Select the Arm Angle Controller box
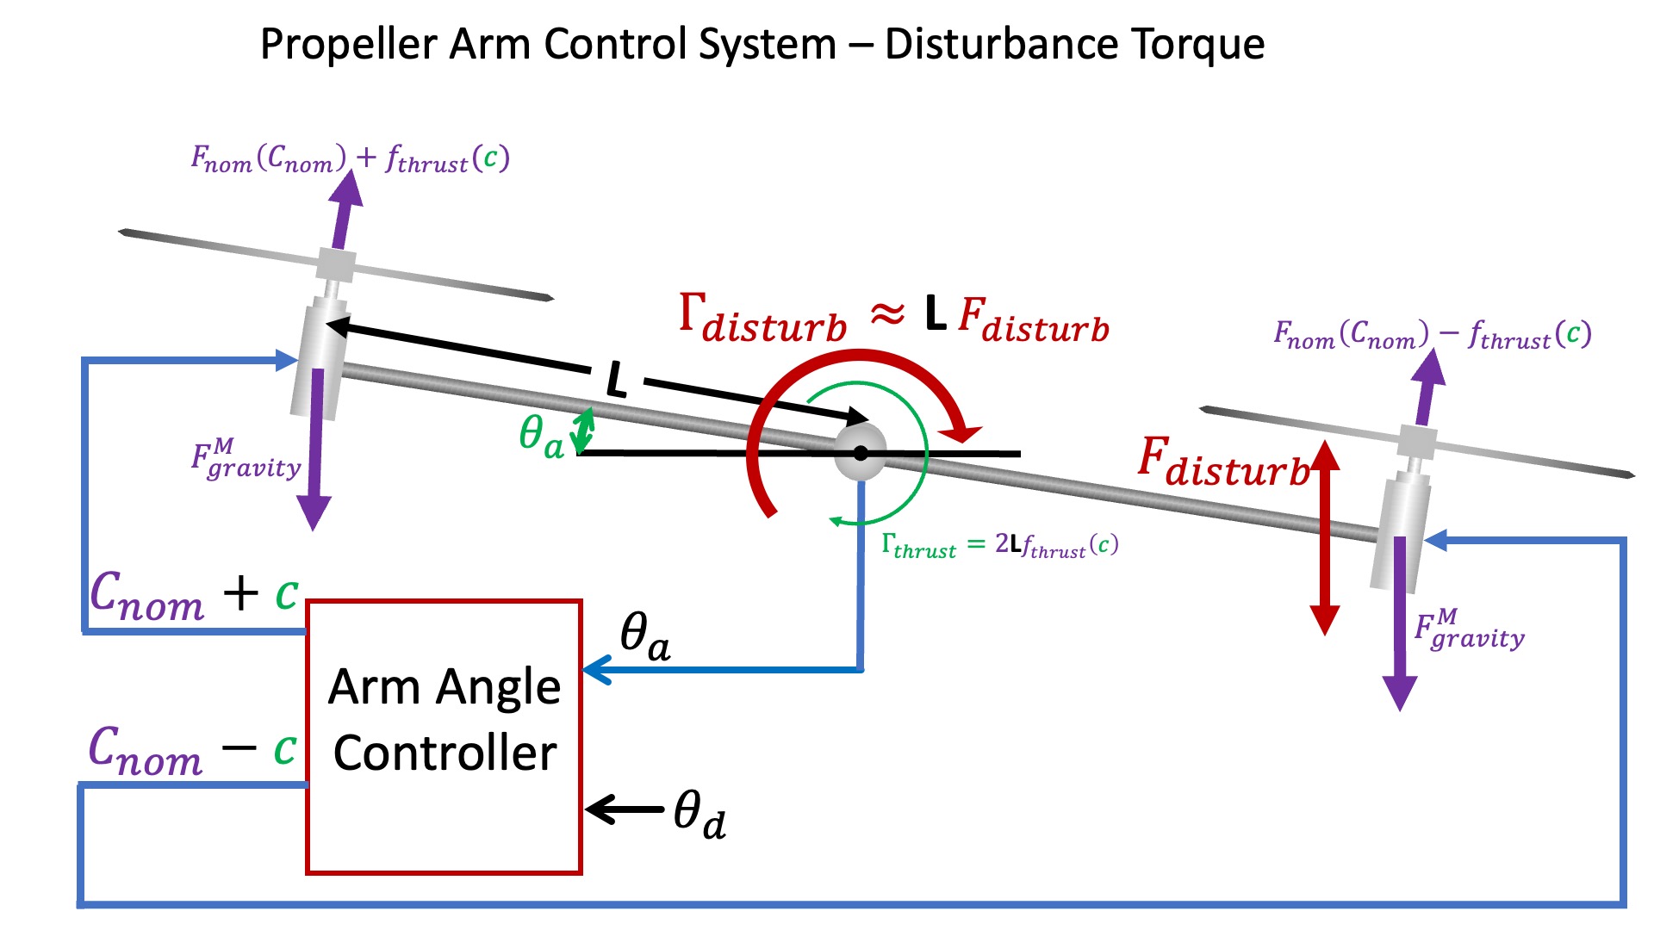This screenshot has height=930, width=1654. tap(444, 736)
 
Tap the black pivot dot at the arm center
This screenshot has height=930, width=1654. tap(860, 453)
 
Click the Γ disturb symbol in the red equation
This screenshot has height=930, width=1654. tap(762, 319)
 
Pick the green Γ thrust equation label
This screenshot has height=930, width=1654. tap(999, 545)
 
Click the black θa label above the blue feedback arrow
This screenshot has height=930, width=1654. tap(644, 637)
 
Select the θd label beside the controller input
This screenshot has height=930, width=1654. tap(700, 814)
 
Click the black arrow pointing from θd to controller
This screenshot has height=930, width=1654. tap(625, 809)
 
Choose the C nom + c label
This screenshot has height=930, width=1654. tap(194, 595)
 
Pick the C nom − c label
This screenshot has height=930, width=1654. tap(192, 750)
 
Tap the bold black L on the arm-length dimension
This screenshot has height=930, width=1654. tap(616, 379)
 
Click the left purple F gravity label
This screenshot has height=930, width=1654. tap(246, 459)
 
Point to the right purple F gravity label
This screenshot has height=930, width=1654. tap(1469, 629)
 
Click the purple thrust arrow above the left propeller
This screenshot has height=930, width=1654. tap(345, 211)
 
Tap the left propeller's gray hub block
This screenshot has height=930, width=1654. tap(336, 265)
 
